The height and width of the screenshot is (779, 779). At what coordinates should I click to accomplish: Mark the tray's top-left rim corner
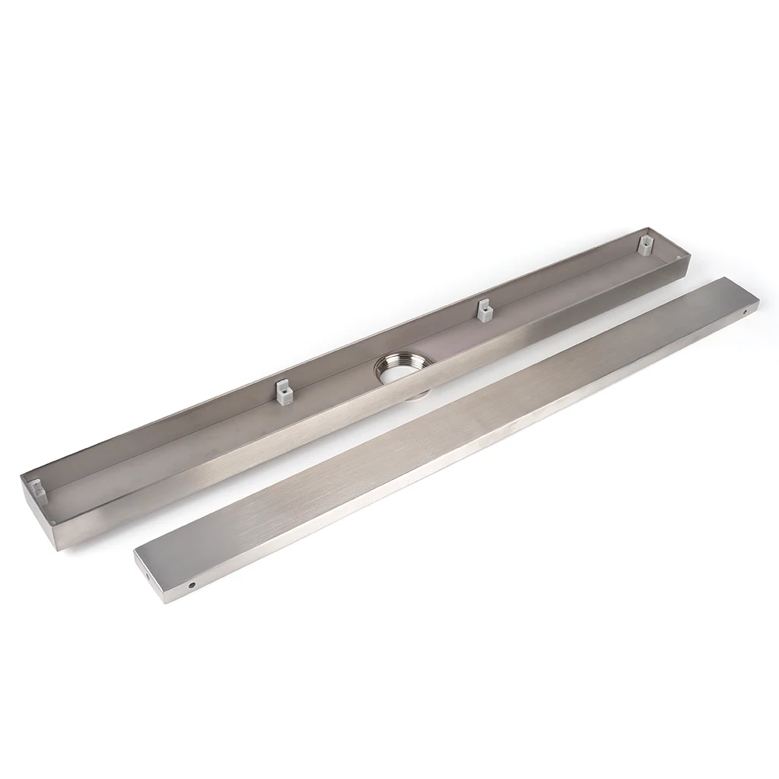[21, 475]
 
